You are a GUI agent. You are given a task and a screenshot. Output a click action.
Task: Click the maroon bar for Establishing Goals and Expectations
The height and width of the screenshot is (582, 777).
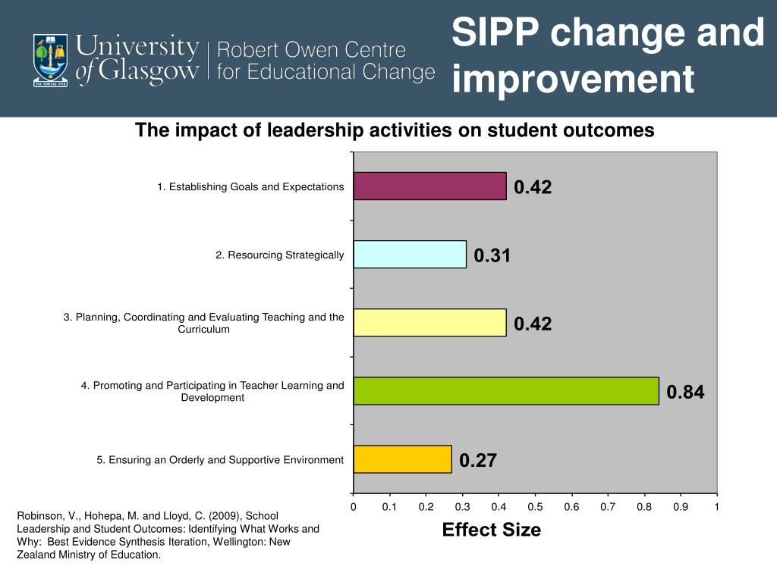429,186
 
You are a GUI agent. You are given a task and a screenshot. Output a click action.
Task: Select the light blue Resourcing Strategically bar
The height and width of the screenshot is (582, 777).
410,255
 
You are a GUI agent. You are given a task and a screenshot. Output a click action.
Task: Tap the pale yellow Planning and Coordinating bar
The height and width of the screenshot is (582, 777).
429,323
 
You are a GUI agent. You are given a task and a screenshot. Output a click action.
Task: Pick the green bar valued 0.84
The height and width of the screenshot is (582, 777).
506,391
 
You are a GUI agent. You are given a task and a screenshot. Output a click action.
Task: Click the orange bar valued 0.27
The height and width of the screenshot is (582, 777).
402,459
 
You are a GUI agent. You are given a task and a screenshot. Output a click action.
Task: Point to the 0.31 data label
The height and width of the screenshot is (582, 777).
492,256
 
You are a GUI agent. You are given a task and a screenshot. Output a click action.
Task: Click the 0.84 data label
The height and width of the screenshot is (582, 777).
685,393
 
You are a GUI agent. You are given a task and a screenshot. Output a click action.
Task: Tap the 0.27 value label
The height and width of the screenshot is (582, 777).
478,461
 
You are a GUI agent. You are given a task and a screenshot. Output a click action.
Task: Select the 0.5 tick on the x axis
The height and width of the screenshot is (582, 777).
535,506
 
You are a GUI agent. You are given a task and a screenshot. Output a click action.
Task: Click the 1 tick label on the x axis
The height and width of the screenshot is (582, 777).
716,506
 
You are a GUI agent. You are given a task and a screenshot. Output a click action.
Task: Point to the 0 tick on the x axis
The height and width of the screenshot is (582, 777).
353,506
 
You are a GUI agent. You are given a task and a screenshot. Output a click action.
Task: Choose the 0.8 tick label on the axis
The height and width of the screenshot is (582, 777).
644,506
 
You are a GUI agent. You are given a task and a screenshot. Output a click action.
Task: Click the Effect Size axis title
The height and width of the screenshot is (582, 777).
492,530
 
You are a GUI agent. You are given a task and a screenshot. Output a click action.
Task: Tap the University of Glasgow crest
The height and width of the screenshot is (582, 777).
50,59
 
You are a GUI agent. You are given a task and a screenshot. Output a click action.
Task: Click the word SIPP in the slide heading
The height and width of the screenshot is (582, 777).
495,34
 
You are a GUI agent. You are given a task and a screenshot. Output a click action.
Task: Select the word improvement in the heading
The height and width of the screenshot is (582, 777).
573,80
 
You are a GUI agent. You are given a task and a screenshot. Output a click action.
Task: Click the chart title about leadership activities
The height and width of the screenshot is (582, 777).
395,130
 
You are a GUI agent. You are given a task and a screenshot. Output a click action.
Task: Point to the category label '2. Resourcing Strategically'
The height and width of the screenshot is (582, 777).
279,255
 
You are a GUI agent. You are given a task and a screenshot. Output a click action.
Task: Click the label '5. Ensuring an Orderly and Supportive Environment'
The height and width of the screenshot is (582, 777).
220,460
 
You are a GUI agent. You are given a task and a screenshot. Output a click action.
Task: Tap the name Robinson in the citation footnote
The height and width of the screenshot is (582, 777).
38,516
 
